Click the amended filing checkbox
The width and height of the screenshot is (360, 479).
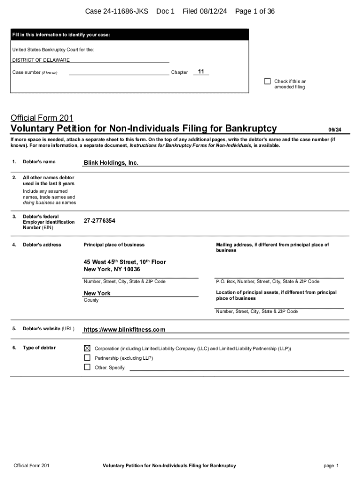[267, 81]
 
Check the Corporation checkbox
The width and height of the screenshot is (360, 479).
[87, 348]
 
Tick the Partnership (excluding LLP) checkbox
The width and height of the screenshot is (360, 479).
[87, 358]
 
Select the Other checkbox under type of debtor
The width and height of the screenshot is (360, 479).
[87, 367]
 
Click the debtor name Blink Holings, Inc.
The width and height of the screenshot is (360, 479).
[111, 163]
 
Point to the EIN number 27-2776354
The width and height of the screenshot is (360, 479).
[100, 221]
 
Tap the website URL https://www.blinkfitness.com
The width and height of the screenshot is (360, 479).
[124, 330]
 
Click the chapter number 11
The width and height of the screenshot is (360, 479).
[201, 72]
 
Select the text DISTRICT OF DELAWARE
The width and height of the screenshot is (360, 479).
[41, 60]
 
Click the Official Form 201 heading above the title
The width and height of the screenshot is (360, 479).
[42, 118]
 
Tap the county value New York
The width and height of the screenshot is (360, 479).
[97, 293]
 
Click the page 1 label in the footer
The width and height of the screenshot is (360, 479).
[331, 465]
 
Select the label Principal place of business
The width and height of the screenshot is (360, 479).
[114, 245]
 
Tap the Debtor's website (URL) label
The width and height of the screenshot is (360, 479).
[49, 329]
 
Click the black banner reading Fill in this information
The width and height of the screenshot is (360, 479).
[130, 35]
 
